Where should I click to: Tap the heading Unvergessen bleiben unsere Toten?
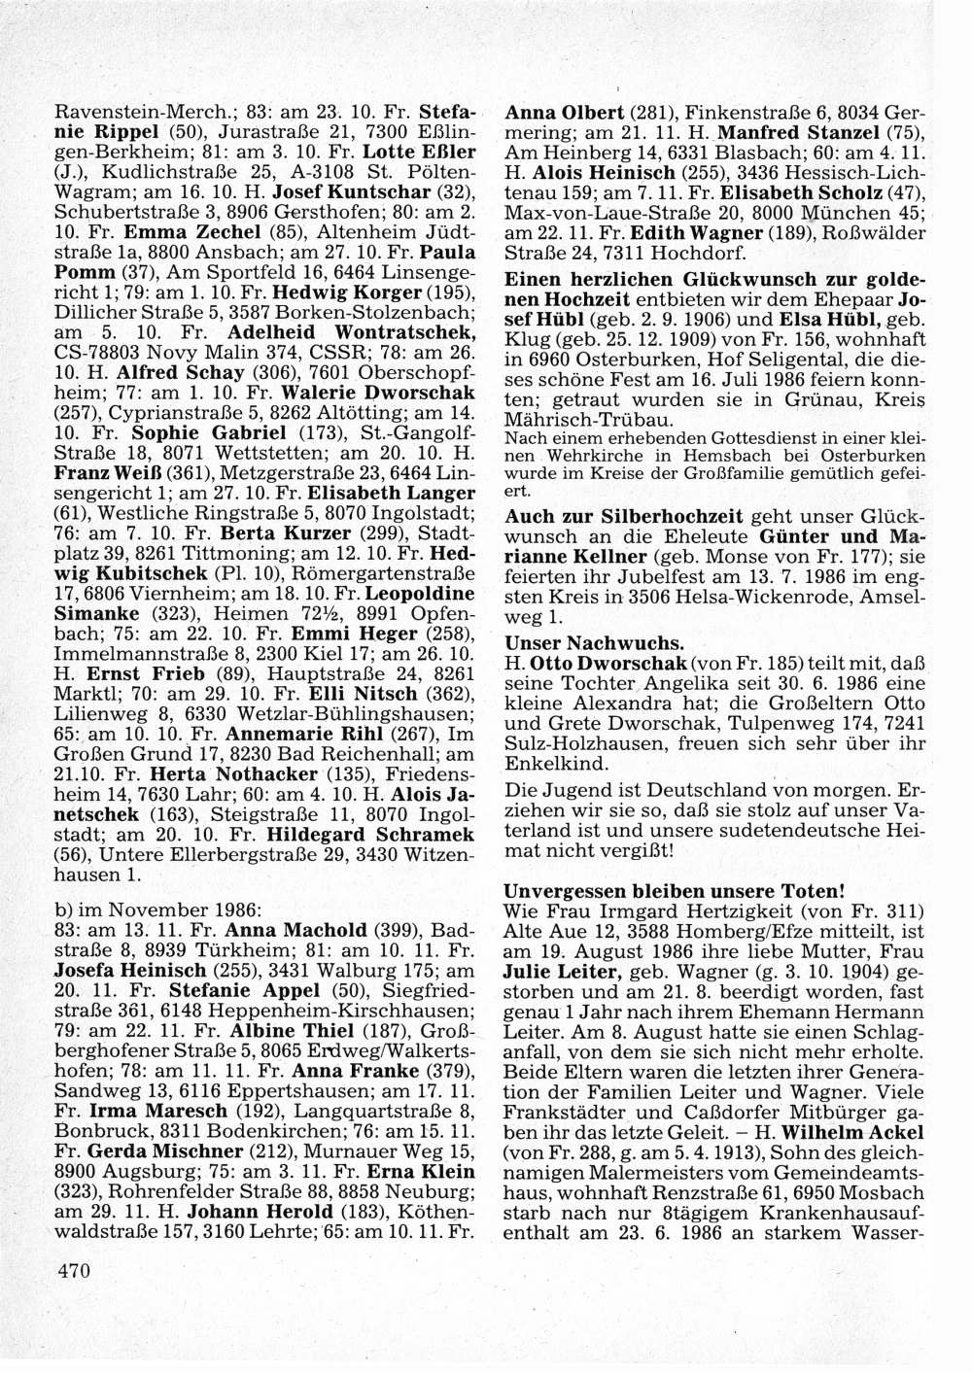pos(676,890)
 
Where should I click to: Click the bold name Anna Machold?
pos(310,929)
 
